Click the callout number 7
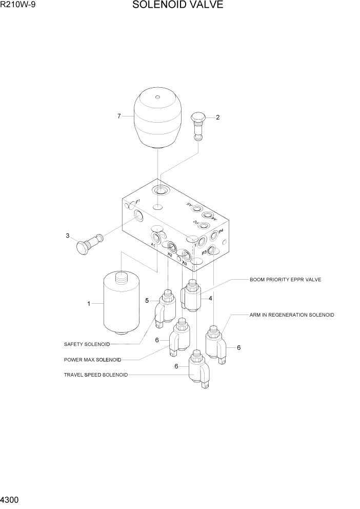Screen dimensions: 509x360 click(119, 116)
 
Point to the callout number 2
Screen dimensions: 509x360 click(217, 118)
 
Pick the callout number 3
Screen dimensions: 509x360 click(67, 236)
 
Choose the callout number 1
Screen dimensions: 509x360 click(88, 304)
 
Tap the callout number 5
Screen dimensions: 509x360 click(147, 300)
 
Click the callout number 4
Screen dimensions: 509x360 click(210, 298)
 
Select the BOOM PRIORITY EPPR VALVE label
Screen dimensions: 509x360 click(285, 280)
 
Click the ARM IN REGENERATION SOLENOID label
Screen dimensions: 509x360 click(292, 315)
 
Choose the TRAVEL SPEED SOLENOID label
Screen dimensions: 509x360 click(95, 375)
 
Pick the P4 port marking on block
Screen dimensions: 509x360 click(221, 231)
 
